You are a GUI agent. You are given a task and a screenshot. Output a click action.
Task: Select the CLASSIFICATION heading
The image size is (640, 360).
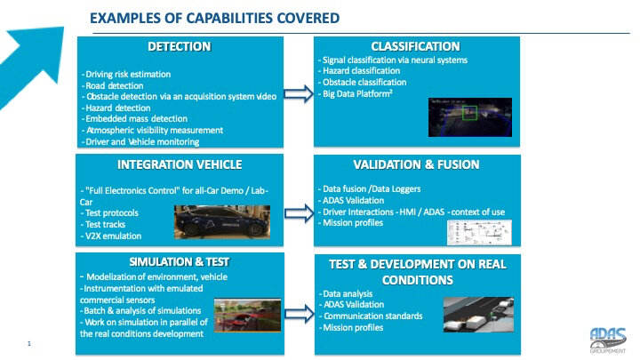415,46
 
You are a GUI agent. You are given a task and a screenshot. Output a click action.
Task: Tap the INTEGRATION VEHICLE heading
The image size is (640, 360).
180,164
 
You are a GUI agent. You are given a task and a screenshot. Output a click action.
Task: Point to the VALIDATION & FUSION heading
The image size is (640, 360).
415,164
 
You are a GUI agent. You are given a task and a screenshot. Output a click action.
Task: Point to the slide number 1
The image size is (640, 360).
29,341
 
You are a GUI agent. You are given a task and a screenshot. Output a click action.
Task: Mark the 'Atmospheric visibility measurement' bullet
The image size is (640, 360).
152,131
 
